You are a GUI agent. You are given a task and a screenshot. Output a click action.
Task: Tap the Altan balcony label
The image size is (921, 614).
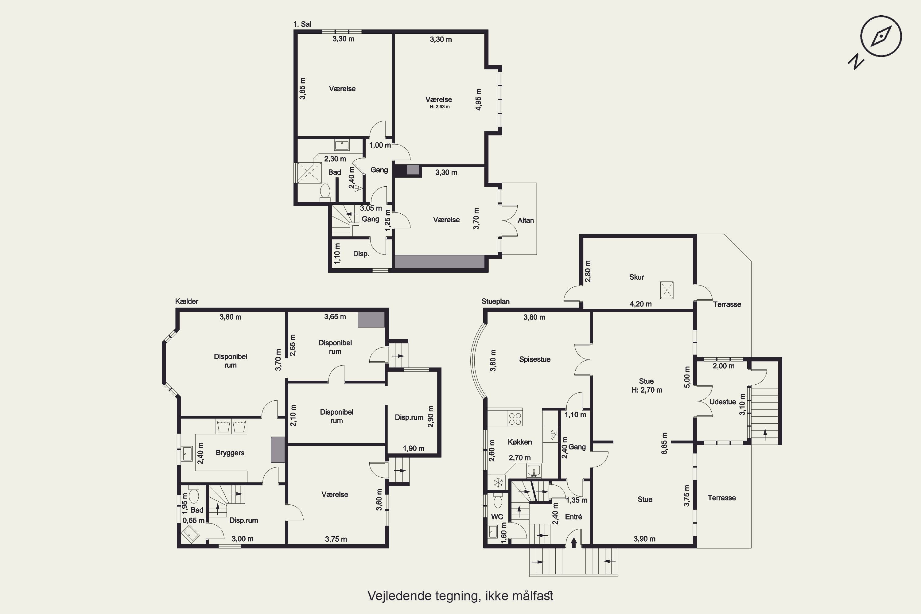coord(526,220)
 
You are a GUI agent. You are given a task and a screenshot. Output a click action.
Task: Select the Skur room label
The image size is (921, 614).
coord(636,277)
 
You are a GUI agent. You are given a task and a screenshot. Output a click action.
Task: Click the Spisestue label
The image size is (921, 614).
coord(534,359)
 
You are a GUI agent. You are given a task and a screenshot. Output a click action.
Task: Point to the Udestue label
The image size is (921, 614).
coord(722,402)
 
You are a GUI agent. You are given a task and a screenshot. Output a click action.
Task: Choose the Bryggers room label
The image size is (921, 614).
coord(230,453)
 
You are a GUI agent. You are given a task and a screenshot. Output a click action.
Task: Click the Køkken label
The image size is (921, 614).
coord(520,442)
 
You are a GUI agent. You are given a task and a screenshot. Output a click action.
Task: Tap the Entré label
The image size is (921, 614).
coord(573,517)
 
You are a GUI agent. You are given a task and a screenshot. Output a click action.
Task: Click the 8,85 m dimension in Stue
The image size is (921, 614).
coord(664,443)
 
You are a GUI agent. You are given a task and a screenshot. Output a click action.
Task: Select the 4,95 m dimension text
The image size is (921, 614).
coord(479,100)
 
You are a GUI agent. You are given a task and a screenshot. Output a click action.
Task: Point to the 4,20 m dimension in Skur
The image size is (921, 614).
coord(641,304)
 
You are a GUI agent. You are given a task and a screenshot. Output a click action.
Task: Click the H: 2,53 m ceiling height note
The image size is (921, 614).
coord(439,107)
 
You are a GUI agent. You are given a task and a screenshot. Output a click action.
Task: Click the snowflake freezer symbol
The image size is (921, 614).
coord(498,483)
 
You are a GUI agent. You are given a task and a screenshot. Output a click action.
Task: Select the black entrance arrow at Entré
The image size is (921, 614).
coord(574,542)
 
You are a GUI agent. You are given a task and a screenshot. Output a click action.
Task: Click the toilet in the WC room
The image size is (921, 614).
coord(498,500)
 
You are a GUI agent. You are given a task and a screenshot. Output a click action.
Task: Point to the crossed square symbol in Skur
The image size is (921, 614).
coord(667,290)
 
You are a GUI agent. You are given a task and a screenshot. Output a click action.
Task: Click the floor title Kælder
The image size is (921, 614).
coord(187,301)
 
